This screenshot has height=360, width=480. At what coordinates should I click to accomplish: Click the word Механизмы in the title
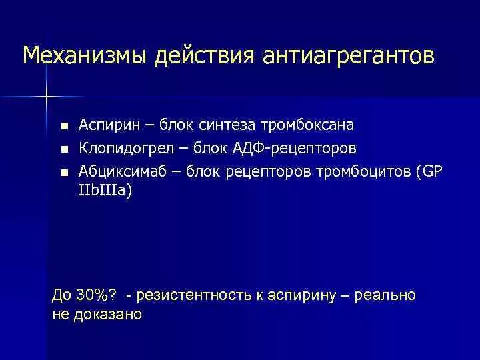tap(85, 56)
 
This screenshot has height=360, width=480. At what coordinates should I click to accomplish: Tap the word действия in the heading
tap(200, 56)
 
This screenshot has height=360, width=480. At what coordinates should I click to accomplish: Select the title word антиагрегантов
tap(349, 56)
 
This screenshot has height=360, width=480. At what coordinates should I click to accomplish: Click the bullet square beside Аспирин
tap(64, 126)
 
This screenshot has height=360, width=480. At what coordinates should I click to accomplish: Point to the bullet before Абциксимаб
tap(64, 172)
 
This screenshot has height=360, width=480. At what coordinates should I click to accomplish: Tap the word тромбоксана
tap(307, 125)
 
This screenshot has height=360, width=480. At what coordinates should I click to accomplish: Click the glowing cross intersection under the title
tap(47, 97)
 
